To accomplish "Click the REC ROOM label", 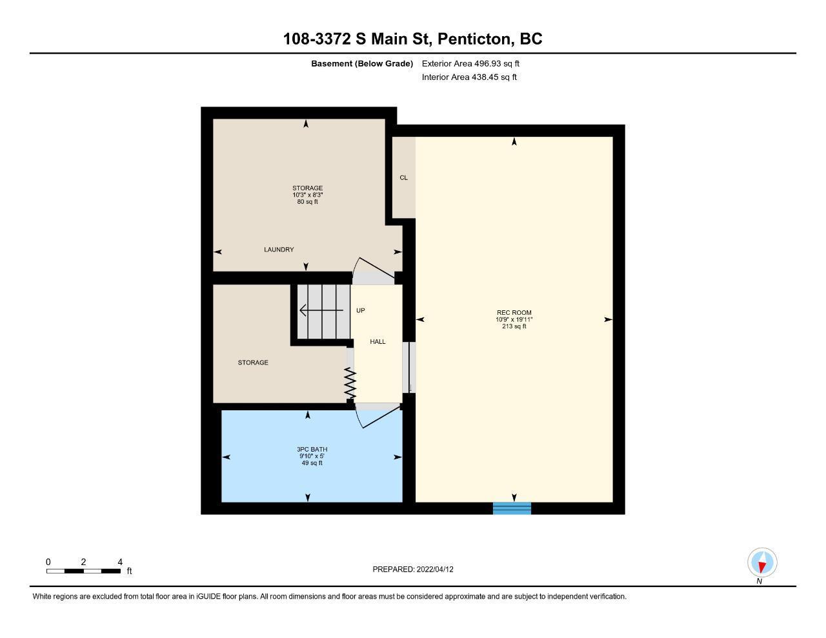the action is (x=514, y=312).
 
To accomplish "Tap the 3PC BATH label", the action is (x=312, y=449).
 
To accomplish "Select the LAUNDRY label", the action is (x=279, y=249).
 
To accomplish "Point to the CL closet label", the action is (x=403, y=177).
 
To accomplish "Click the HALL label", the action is (x=378, y=342).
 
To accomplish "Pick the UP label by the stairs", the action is (x=360, y=310).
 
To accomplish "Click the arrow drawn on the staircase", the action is (x=321, y=310).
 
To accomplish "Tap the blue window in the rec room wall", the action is (x=512, y=508).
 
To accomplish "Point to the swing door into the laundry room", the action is (x=373, y=270).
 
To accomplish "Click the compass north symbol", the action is (x=761, y=563).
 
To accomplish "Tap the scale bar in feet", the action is (x=83, y=571).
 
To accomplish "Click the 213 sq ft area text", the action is (x=514, y=326).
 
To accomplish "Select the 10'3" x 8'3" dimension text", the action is (x=308, y=195).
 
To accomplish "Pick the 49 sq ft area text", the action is (x=312, y=463).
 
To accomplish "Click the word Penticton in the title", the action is (x=474, y=39).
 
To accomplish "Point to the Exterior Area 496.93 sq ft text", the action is (x=470, y=63).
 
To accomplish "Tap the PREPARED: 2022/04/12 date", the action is (x=413, y=569).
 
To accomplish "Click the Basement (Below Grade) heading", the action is (x=362, y=63).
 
